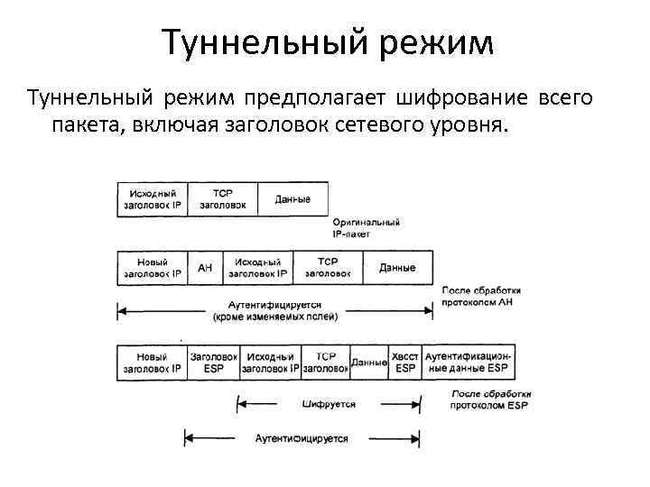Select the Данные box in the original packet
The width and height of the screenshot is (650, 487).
pos(292,198)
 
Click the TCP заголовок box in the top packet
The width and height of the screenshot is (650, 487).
pos(223,198)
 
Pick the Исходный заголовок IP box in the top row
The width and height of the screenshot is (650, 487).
pos(153,198)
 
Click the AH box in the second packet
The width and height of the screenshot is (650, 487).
pos(205,268)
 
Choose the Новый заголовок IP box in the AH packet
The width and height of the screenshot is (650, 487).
pos(152,268)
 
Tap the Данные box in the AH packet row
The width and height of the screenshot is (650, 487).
pos(397,268)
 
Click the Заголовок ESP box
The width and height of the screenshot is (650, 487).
pos(213,363)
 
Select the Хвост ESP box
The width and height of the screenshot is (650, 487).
pos(405,363)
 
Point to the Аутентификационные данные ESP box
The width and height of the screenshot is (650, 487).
pos(469,363)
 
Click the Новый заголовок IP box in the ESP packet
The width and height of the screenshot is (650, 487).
pos(152,363)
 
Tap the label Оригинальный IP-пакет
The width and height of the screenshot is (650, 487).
pos(366,226)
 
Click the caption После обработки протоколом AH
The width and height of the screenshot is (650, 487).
pos(479,297)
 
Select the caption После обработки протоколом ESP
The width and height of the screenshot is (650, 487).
pos(488,400)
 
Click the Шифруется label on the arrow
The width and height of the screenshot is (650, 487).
pos(330,405)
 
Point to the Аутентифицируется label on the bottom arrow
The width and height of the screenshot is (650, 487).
pos(301,439)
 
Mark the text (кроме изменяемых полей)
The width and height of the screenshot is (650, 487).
pos(274,317)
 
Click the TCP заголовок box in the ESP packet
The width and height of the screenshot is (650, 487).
pos(325,363)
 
